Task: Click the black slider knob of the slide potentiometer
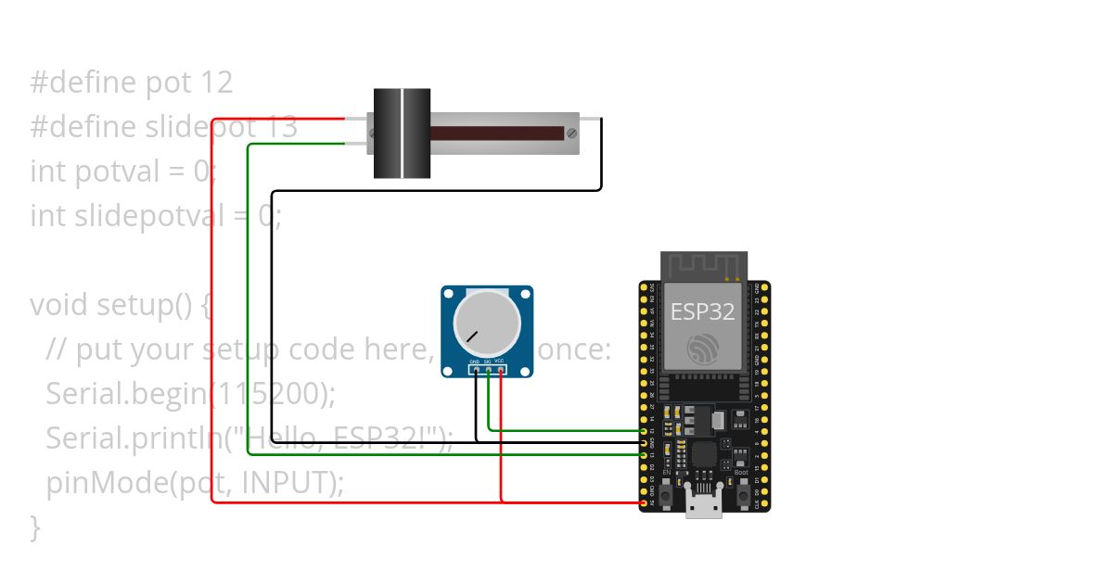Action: point(402,133)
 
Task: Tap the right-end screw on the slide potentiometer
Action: point(572,133)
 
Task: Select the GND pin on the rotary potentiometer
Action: point(475,370)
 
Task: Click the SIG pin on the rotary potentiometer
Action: point(488,370)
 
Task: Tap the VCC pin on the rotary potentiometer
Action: point(501,370)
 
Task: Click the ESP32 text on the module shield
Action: point(702,311)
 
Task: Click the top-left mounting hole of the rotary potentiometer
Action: point(450,295)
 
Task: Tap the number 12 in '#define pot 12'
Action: point(215,83)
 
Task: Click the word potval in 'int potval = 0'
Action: point(115,171)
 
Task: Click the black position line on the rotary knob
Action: point(473,336)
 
